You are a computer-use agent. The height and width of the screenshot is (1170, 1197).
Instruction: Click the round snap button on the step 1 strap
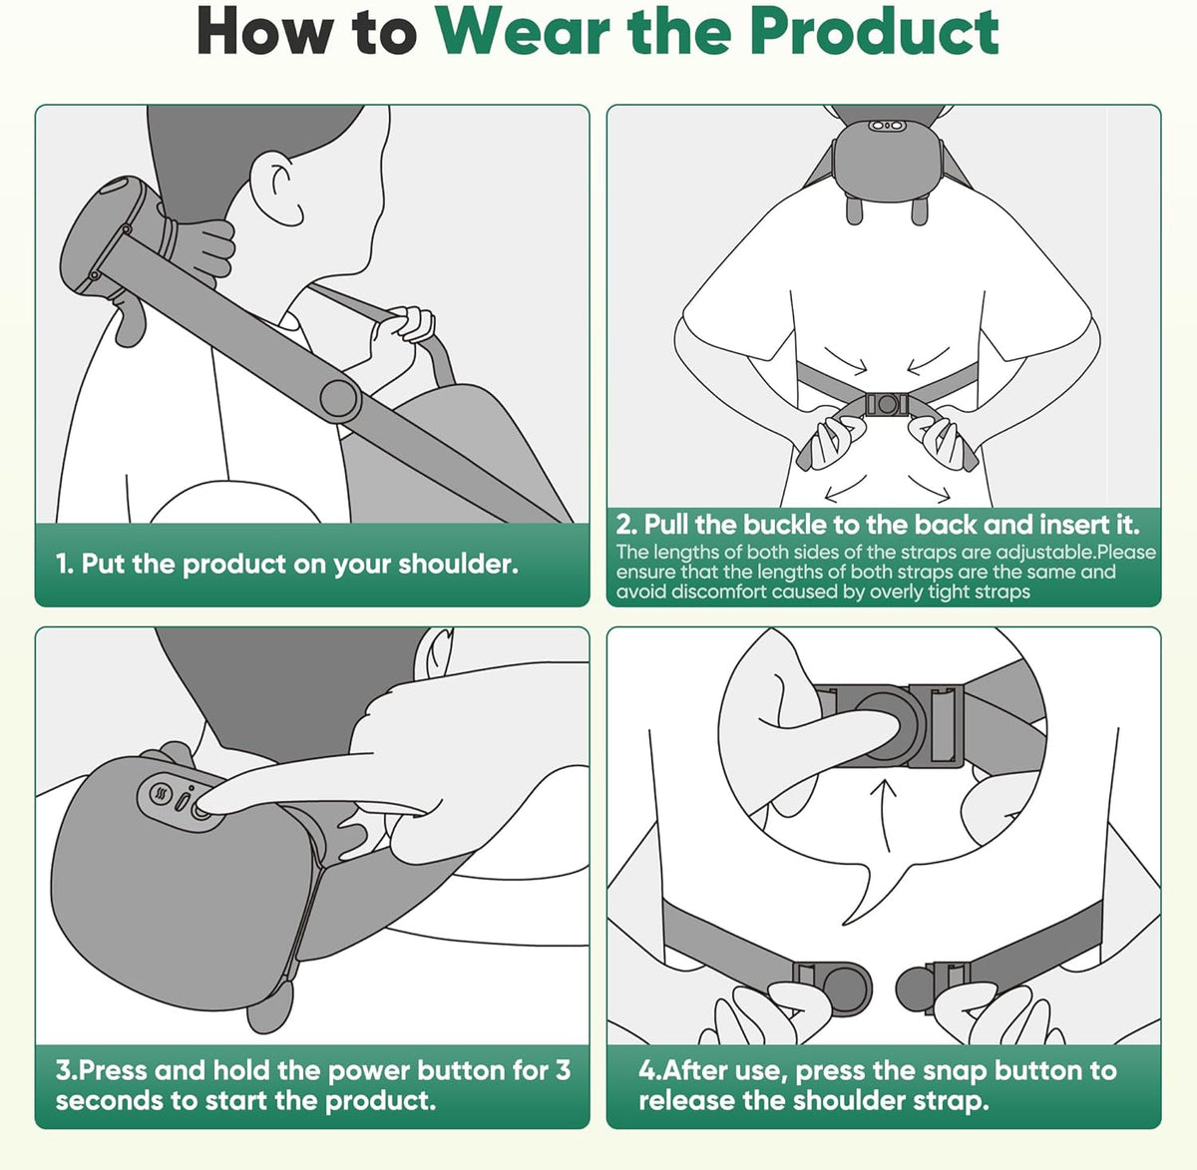pyautogui.click(x=339, y=398)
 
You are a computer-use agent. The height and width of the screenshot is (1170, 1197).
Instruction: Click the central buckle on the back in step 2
pyautogui.click(x=885, y=405)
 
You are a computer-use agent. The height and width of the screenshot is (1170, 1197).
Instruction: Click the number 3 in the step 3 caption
pyautogui.click(x=563, y=1070)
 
